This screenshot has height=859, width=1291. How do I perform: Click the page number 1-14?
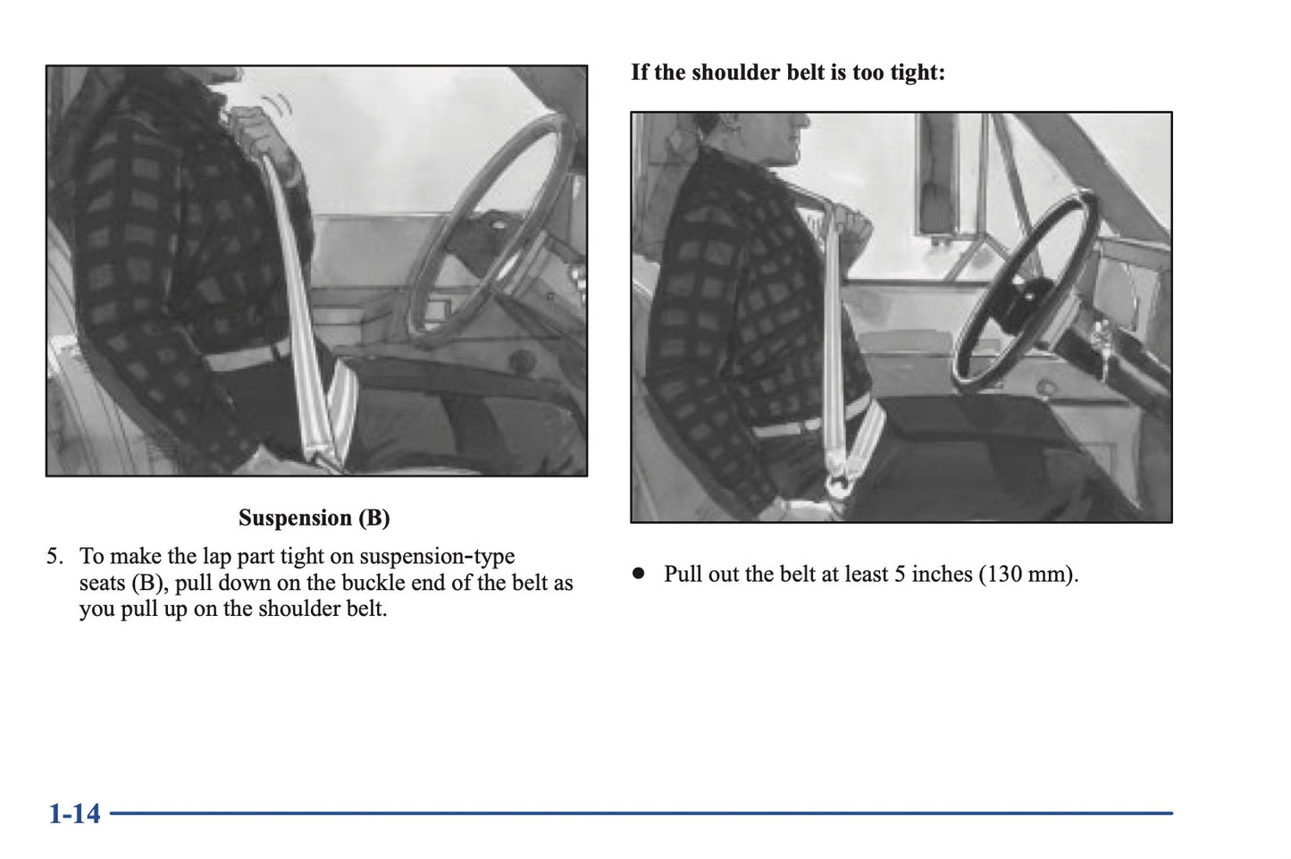click(74, 813)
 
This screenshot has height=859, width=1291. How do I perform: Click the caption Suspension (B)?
click(314, 518)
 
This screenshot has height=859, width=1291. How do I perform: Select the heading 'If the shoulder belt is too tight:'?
click(787, 72)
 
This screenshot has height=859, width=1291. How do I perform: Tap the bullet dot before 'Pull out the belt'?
click(638, 574)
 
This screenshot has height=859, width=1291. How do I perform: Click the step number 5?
click(54, 557)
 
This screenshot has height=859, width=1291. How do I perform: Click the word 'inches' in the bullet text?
click(941, 574)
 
